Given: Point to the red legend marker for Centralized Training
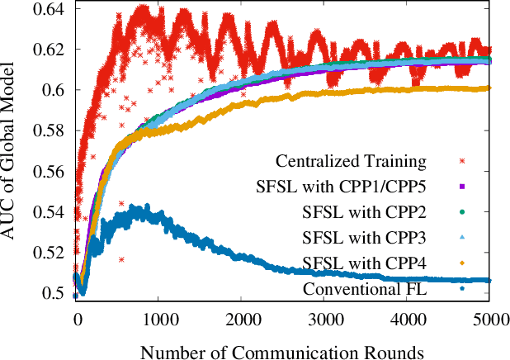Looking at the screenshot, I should (x=463, y=159).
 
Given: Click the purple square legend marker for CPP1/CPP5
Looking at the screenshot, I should (x=463, y=186).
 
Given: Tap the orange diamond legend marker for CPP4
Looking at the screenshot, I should (x=463, y=263).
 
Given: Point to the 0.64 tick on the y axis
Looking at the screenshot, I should (x=50, y=9).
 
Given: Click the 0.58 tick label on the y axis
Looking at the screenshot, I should (x=50, y=130).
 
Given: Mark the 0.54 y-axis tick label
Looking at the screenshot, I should (x=50, y=212).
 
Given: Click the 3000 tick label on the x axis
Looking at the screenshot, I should (x=325, y=316).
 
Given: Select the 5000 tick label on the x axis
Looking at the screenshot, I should (x=490, y=316).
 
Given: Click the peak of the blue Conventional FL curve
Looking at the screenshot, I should (x=147, y=206).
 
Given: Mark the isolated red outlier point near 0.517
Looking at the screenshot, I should (x=121, y=259).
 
